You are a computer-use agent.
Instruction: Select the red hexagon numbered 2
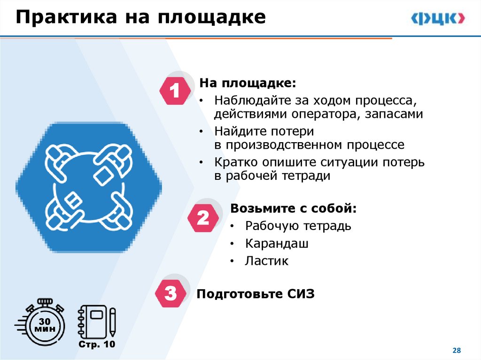click(x=203, y=218)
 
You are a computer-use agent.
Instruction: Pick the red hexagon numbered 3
click(x=171, y=294)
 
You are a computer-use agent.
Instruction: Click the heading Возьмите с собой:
click(x=294, y=208)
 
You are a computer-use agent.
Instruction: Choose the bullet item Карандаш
click(x=277, y=244)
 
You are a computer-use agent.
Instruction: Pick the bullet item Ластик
click(x=266, y=261)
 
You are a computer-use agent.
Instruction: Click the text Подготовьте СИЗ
click(x=256, y=294)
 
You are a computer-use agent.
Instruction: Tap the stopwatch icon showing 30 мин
click(x=45, y=324)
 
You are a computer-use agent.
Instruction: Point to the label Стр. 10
click(x=96, y=345)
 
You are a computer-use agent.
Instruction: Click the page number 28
click(x=456, y=351)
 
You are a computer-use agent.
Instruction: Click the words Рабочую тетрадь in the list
click(x=298, y=226)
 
